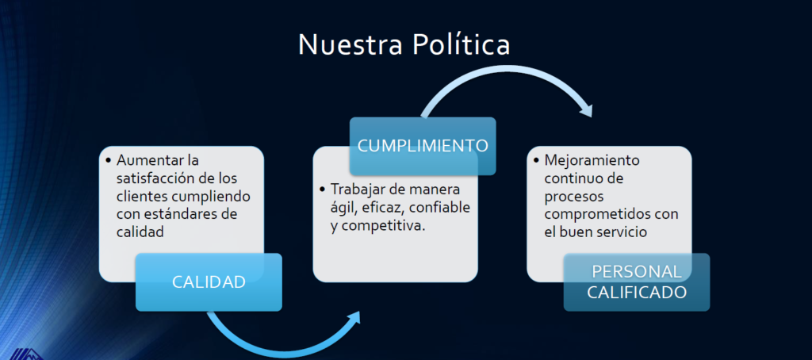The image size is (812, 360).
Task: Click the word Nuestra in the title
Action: pos(350,44)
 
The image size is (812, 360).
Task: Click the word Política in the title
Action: pos(461,44)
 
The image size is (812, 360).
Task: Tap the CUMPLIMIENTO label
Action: pos(423,146)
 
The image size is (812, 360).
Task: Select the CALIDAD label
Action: pos(209,281)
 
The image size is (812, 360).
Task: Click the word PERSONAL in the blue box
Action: pos(637,271)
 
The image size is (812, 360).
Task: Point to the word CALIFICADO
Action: pos(637,293)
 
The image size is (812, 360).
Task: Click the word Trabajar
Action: pos(354,190)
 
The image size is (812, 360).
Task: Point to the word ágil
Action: pos(341,209)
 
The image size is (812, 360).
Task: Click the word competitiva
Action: pos(384,226)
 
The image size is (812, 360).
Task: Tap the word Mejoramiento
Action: pos(592,161)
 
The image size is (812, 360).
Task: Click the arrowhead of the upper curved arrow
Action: pos(586,109)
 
